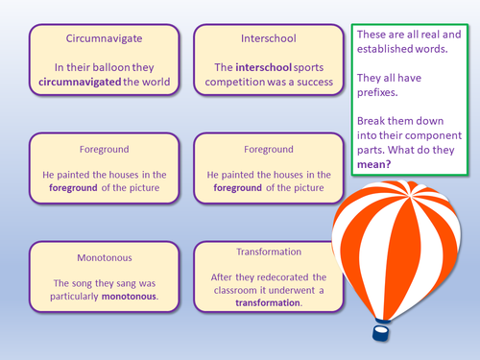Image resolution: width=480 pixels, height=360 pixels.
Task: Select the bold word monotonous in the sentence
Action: coord(118,298)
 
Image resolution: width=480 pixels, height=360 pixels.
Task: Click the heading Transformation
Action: coord(267,252)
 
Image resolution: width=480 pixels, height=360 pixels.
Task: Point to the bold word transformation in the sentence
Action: coord(267,302)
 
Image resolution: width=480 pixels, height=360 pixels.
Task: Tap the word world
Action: coord(156,83)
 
